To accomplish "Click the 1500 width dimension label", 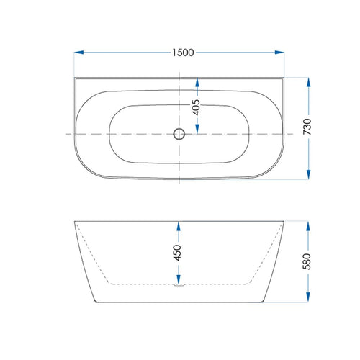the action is (183, 53).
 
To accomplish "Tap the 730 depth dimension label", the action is (307, 126).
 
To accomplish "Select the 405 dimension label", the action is (196, 107).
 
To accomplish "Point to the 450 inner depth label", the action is (178, 253).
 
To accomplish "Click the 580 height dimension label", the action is (307, 261).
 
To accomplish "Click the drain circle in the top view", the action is (179, 134).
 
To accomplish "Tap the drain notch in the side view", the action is (179, 285).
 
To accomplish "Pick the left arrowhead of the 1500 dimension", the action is (78, 53).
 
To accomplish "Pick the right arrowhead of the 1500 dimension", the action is (279, 53).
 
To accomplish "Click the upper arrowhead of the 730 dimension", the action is (308, 82).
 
